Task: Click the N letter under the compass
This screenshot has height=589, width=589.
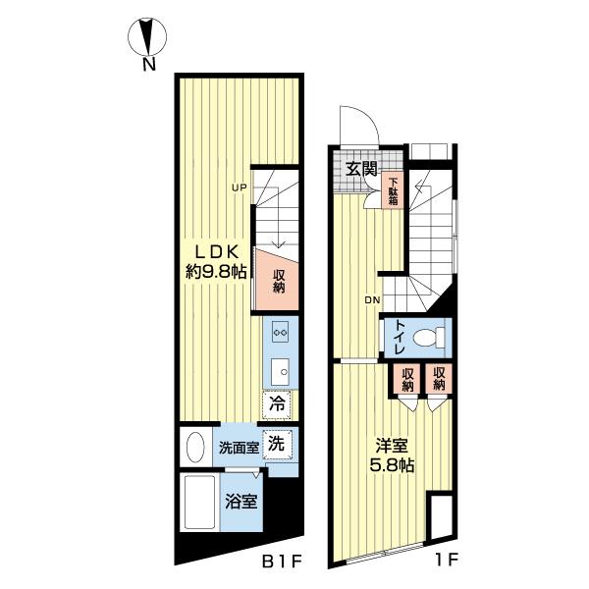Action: pos(149,65)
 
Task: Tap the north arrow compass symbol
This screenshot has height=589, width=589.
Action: pos(147,37)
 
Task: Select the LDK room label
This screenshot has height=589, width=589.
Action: pos(216,252)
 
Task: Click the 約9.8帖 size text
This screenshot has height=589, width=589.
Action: pos(216,271)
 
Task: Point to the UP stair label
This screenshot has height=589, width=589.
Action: pos(239,187)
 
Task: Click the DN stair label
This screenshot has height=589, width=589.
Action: pos(372,300)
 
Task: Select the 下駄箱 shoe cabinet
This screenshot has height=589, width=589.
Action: pos(393,190)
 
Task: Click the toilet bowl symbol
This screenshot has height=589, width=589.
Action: pos(429,338)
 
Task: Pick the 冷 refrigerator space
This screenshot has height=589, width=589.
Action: pos(277,404)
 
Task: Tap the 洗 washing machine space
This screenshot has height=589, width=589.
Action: pos(277,445)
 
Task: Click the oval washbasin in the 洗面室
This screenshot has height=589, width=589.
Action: pos(195,448)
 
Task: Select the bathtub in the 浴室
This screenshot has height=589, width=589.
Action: pos(200,503)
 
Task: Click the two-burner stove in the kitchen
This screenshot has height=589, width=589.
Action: pos(280,333)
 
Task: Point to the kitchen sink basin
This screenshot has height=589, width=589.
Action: pos(280,371)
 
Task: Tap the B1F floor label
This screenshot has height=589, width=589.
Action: pos(282,562)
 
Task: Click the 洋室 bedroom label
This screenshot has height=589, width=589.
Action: pos(392,447)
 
